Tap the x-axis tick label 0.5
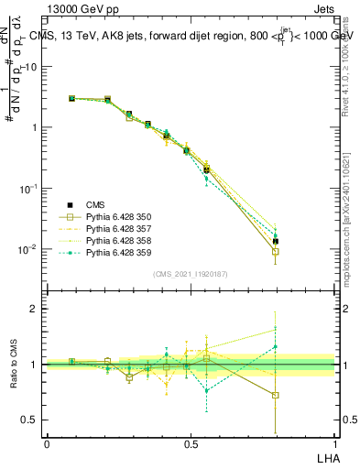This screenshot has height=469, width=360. click(190, 442)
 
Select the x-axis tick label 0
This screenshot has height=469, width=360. click(47, 442)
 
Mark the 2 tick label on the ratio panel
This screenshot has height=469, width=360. click(35, 309)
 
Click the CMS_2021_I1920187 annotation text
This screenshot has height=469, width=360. click(190, 273)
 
